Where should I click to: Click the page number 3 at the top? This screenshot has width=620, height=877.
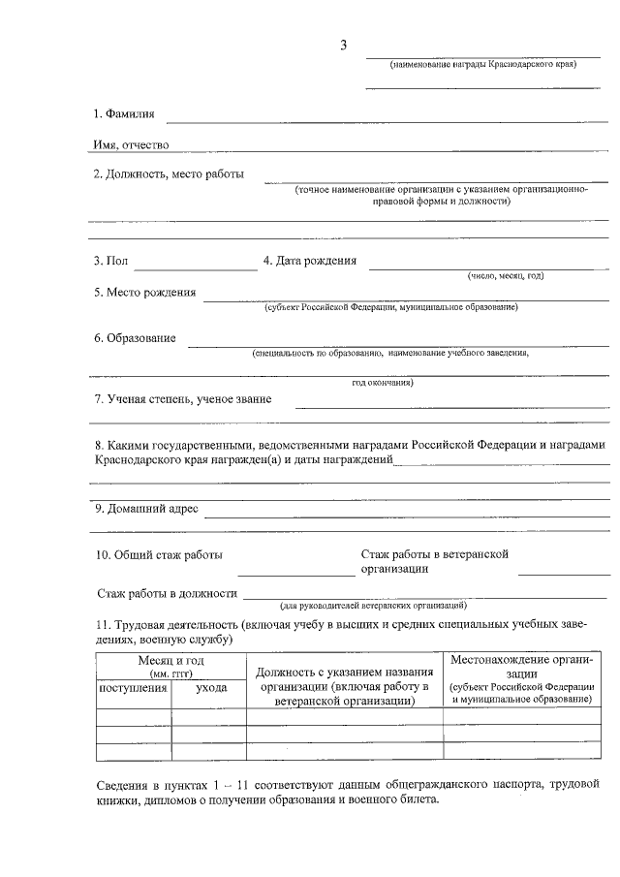point(343,46)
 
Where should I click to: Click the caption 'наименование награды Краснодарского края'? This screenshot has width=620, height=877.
point(482,65)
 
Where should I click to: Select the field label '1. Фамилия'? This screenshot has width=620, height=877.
point(123,114)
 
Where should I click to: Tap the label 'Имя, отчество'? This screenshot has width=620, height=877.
point(131,144)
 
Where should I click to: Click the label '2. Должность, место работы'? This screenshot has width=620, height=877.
point(169,174)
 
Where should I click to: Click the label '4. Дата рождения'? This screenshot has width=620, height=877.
point(310,260)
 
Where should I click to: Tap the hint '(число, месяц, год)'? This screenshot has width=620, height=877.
point(506,276)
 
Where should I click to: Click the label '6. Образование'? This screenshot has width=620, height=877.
point(135,338)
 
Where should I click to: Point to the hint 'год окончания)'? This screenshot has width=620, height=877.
point(383,382)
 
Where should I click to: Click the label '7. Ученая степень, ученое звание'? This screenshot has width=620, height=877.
point(182,398)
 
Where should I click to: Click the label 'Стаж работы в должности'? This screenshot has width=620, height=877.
point(168,593)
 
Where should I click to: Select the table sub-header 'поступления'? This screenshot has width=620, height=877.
point(134,687)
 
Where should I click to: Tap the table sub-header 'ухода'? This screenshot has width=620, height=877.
point(211,687)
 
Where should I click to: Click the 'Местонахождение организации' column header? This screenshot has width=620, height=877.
point(521,666)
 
